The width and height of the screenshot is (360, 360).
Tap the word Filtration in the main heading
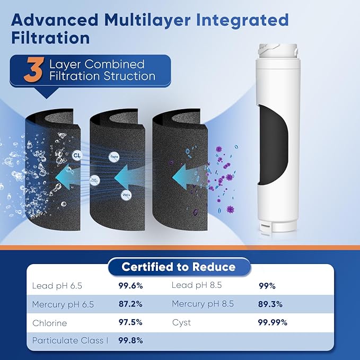click(50, 38)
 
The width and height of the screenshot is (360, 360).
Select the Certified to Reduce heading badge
click(179, 267)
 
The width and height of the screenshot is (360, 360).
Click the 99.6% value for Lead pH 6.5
click(130, 286)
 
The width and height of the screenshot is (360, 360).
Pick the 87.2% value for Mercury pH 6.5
click(130, 304)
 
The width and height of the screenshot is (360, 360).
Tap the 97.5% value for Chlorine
click(130, 322)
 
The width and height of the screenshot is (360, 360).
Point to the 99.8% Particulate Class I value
click(130, 340)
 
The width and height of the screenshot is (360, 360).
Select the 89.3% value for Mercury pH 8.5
click(270, 304)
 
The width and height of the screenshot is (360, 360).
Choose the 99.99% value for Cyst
click(273, 322)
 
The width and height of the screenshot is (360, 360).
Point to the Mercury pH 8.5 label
click(202, 304)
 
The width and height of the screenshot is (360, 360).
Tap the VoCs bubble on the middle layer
click(126, 195)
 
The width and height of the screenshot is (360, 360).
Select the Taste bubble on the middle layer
click(113, 157)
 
